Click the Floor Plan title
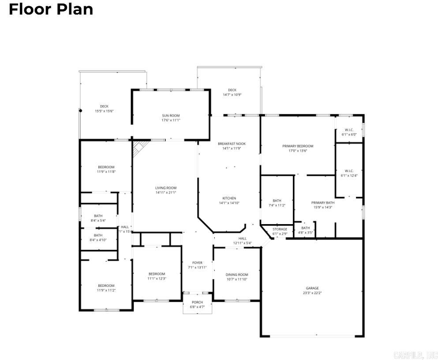51,9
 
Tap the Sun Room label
171,116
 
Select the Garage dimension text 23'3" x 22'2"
312,293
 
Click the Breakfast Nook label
232,144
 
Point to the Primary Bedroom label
298,146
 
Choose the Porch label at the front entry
197,302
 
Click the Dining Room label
237,274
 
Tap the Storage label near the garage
280,229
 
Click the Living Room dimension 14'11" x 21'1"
166,192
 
